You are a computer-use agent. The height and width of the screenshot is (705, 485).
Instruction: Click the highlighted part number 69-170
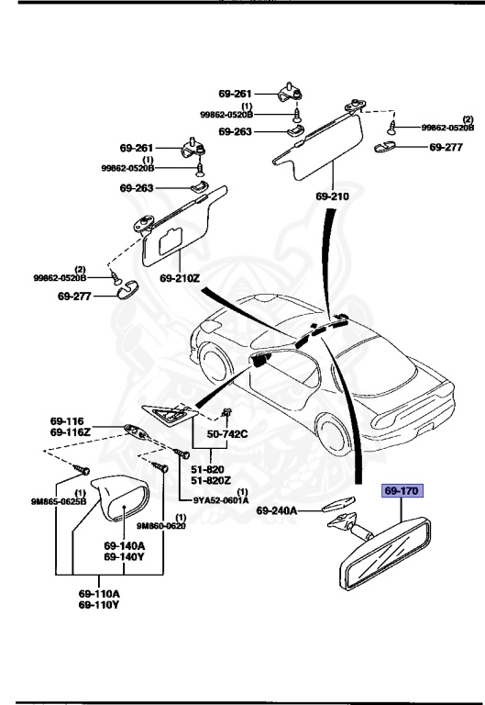(402, 492)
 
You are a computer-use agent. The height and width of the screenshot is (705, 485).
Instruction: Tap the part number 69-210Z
(180, 277)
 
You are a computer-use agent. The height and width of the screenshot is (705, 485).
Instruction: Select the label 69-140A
(122, 545)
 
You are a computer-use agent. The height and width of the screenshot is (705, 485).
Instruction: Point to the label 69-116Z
(70, 431)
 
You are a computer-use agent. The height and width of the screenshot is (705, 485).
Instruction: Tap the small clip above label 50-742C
(226, 412)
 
